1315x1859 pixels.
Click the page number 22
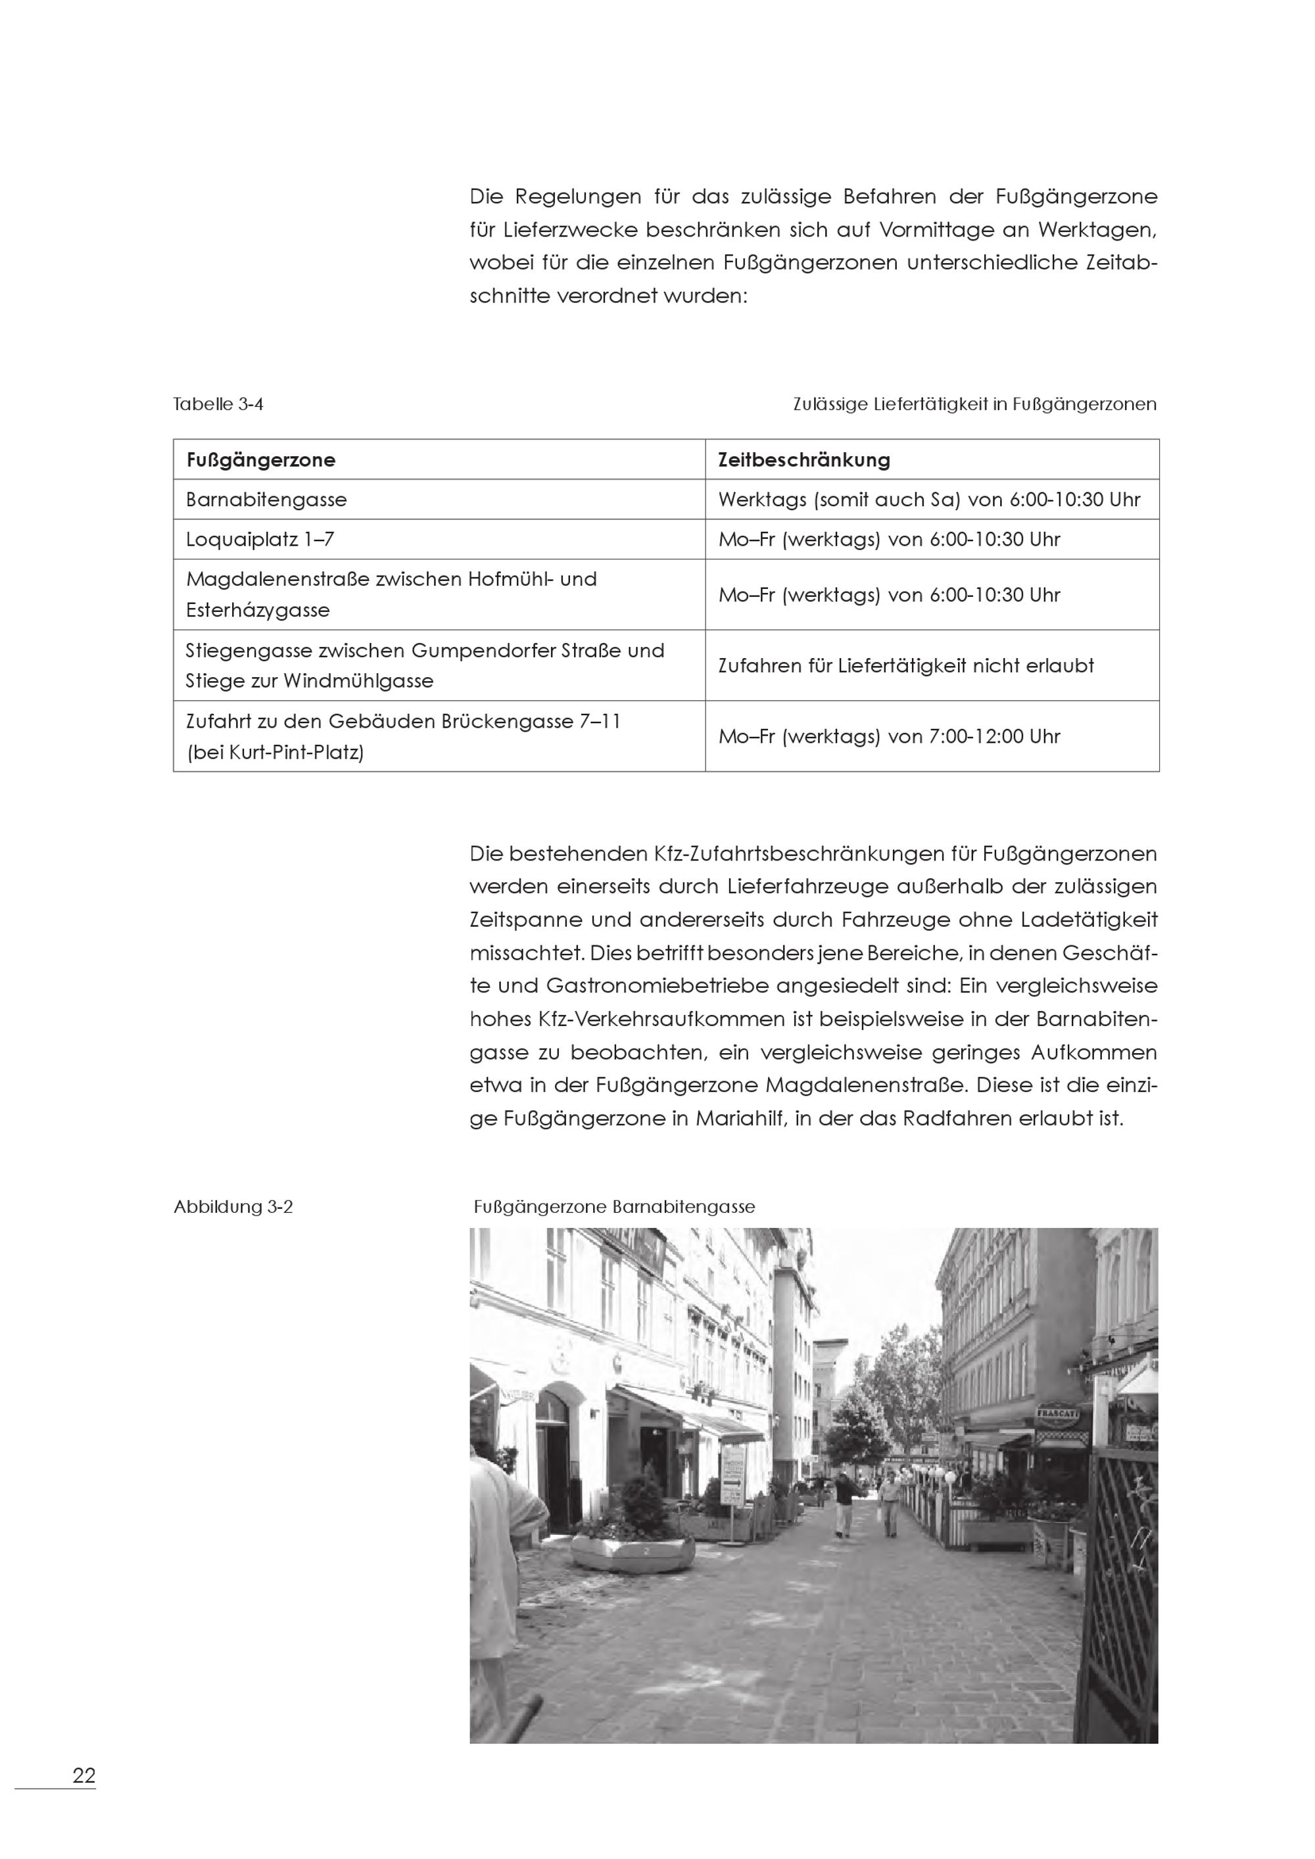point(84,1776)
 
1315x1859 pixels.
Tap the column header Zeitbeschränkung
point(803,460)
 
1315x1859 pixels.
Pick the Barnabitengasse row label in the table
point(266,500)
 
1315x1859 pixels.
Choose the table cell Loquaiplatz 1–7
point(259,539)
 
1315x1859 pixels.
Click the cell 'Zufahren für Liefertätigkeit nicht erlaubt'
point(905,665)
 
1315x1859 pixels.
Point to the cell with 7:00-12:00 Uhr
point(888,737)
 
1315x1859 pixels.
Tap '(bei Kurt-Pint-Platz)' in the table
point(274,752)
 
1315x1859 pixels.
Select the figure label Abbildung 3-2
point(233,1207)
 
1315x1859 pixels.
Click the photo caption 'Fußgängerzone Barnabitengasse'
point(613,1207)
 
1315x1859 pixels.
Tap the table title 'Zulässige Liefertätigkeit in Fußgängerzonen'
point(974,404)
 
